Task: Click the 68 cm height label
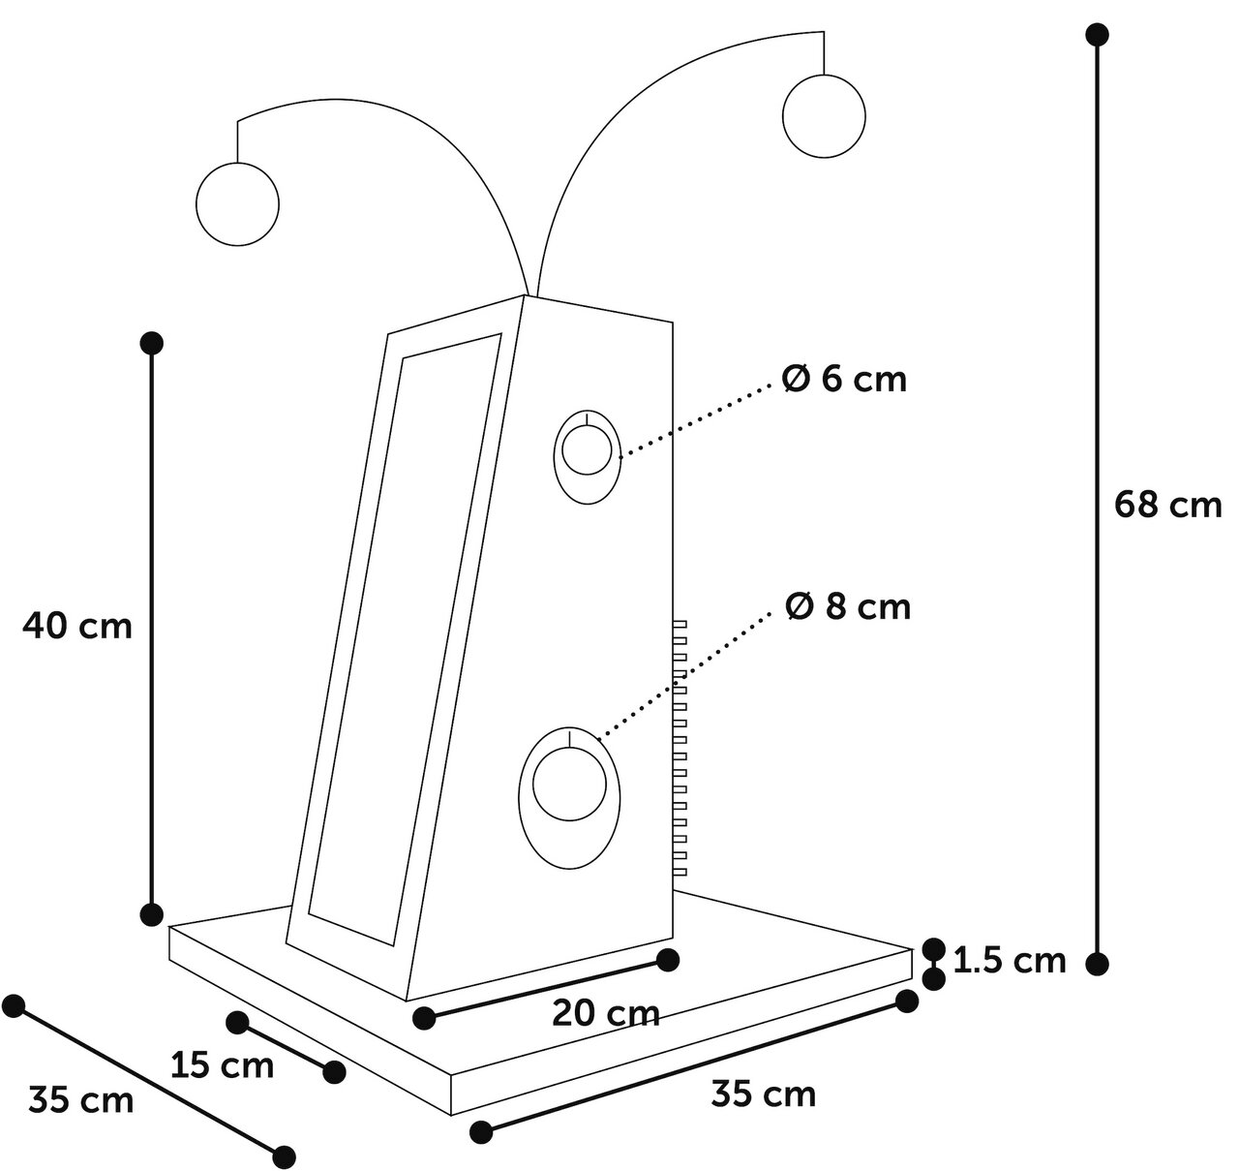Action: (x=1167, y=505)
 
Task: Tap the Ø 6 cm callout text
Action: (x=844, y=379)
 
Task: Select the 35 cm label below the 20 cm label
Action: (x=763, y=1094)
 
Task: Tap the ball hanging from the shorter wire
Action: (x=237, y=204)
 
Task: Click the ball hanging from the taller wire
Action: (x=824, y=116)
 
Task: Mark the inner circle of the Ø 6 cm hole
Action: (x=587, y=448)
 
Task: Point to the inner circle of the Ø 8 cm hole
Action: (x=569, y=784)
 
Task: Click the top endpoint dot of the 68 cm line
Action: (x=1097, y=34)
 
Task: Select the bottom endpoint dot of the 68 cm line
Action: (x=1097, y=965)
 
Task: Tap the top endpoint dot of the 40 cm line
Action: (x=152, y=343)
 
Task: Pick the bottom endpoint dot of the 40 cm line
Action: (x=152, y=914)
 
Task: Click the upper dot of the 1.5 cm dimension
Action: (x=933, y=949)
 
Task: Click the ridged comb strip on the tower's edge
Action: (x=680, y=748)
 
